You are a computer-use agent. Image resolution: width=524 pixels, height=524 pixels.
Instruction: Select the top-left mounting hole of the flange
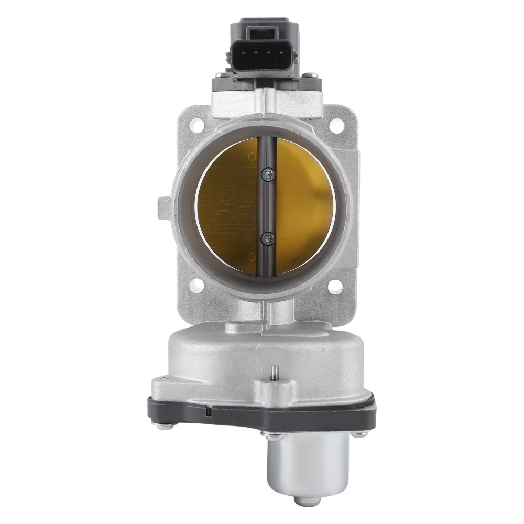196,124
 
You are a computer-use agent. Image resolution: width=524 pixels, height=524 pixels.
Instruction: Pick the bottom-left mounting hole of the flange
196,286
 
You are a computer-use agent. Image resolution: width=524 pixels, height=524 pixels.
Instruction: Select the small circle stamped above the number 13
252,156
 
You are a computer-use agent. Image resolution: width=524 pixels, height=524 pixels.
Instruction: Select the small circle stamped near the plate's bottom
253,256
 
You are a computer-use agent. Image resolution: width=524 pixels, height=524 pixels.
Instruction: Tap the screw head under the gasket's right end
358,434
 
